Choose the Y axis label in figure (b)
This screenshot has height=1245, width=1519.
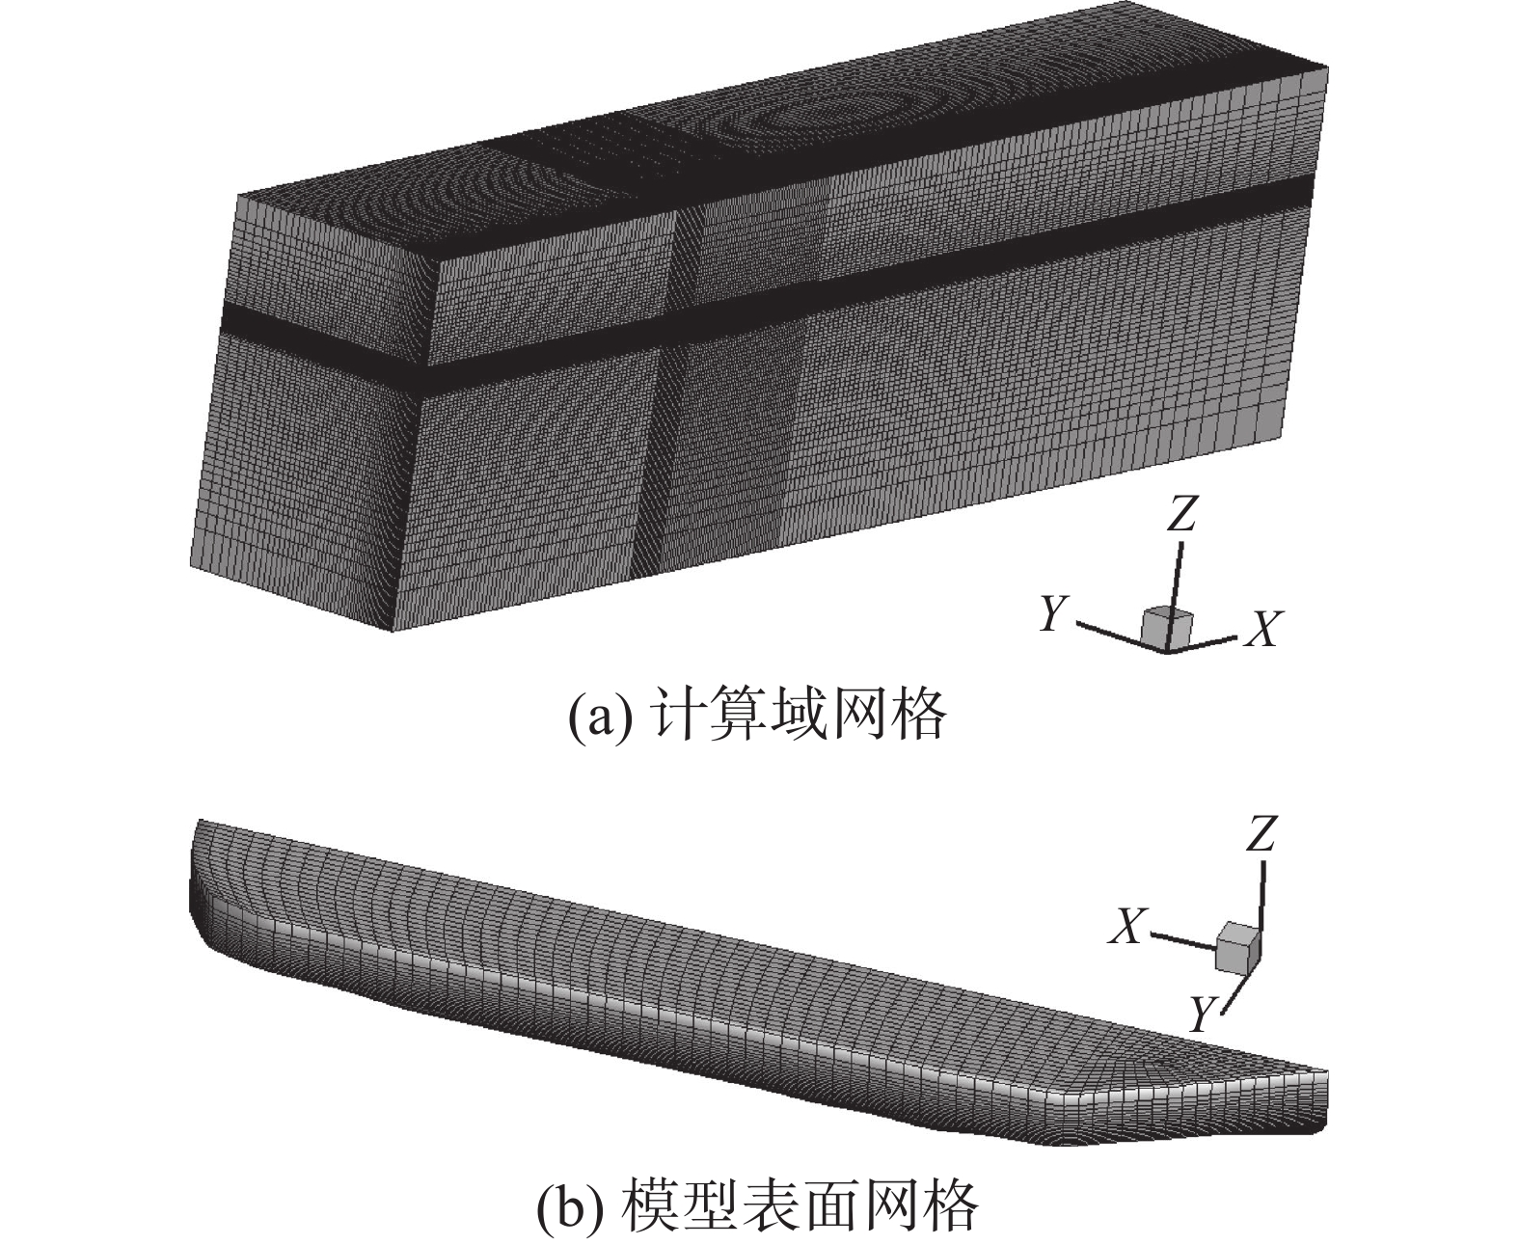click(x=1201, y=1014)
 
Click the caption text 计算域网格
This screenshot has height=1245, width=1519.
click(x=800, y=715)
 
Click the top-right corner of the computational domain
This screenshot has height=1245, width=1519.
click(x=1328, y=68)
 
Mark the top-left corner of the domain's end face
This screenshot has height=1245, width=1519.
click(x=238, y=196)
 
